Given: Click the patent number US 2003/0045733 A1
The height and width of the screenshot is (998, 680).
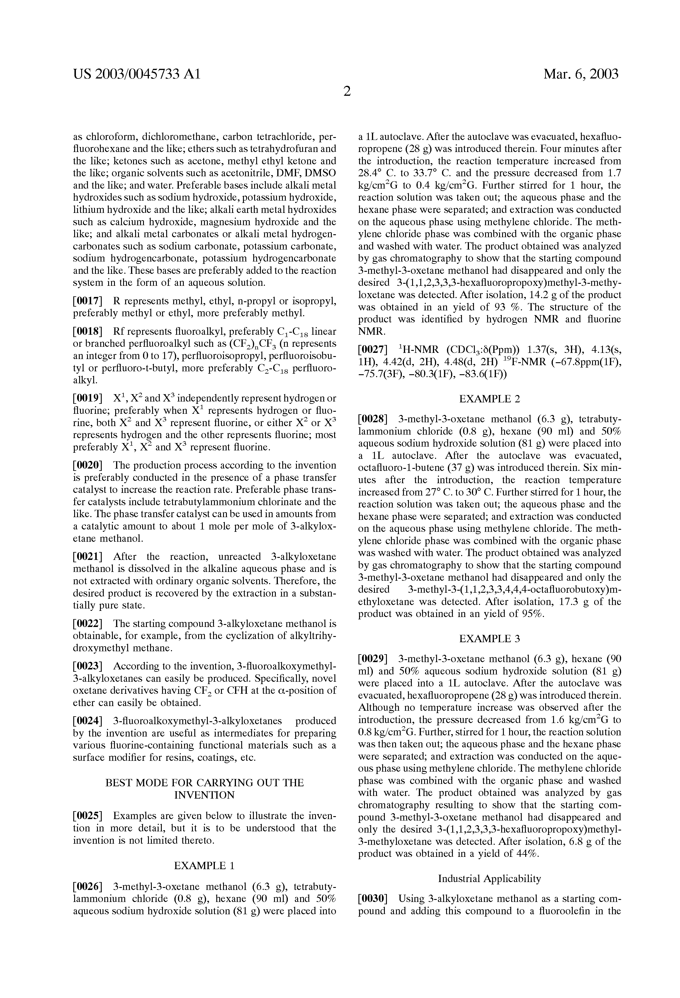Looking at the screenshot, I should (x=137, y=74).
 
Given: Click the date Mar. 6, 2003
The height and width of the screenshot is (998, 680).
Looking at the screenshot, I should (x=581, y=74).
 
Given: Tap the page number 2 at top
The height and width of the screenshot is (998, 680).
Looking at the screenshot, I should (x=347, y=91).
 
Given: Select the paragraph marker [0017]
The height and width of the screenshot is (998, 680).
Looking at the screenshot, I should (x=88, y=301).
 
